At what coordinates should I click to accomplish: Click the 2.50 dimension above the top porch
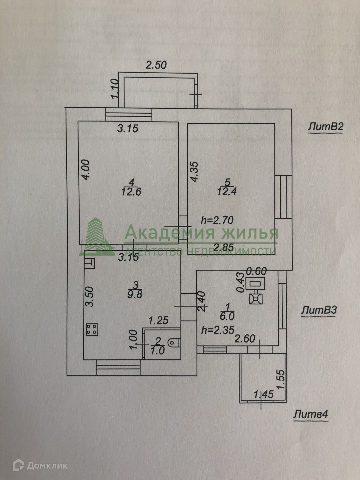pyautogui.click(x=156, y=65)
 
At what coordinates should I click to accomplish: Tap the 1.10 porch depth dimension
pyautogui.click(x=115, y=89)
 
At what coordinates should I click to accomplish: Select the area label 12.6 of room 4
pyautogui.click(x=131, y=192)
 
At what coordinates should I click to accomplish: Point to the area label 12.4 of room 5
pyautogui.click(x=227, y=192)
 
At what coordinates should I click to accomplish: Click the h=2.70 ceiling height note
pyautogui.click(x=217, y=220)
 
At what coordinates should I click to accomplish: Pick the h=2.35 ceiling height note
pyautogui.click(x=218, y=330)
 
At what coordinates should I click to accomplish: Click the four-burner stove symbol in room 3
pyautogui.click(x=92, y=330)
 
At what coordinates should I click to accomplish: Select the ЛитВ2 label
pyautogui.click(x=326, y=127)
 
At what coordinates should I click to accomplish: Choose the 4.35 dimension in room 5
pyautogui.click(x=194, y=171)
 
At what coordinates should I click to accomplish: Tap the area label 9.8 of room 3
pyautogui.click(x=135, y=295)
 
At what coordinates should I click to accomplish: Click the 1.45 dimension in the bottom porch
pyautogui.click(x=263, y=394)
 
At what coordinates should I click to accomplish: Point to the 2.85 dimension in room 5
pyautogui.click(x=224, y=247)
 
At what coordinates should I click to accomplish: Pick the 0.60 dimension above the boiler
pyautogui.click(x=256, y=271)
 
